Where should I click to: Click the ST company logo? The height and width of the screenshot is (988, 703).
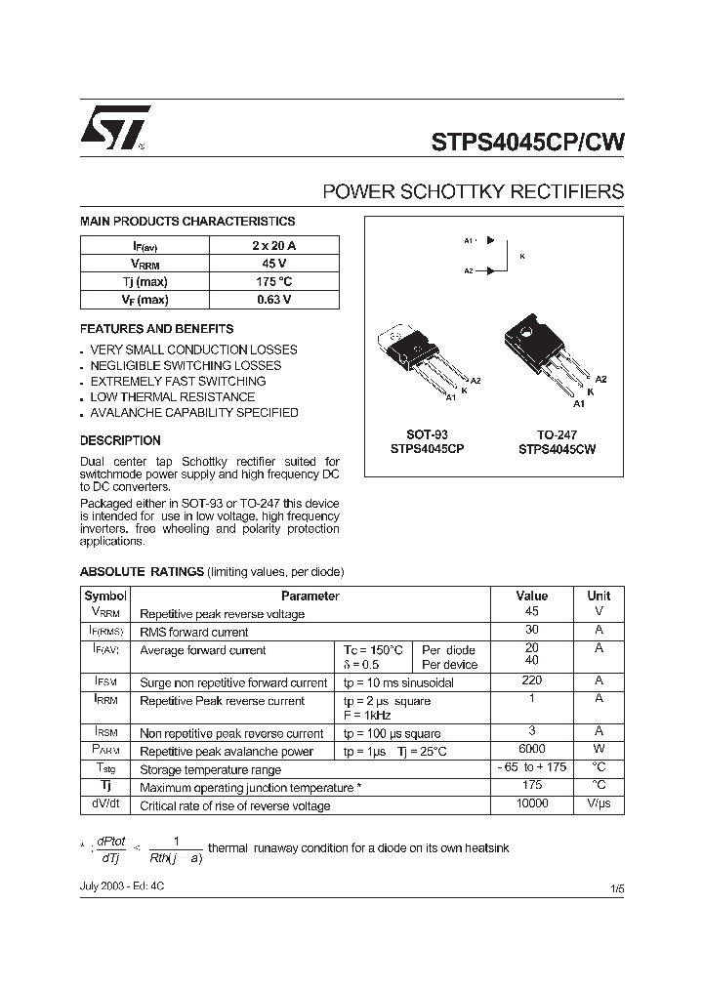pos(115,127)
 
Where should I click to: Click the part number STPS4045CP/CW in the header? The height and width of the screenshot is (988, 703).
pos(527,141)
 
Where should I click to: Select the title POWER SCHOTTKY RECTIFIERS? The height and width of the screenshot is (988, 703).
pos(473,191)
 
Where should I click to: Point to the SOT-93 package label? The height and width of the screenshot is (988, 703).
pos(427,434)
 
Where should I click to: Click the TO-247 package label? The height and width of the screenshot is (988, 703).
pos(557,434)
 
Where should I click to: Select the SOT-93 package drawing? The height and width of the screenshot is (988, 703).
pos(420,361)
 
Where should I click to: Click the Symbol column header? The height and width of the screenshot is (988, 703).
pos(105,596)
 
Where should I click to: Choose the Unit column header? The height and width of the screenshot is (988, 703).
pos(599,596)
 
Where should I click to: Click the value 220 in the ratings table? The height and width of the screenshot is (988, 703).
pos(532,681)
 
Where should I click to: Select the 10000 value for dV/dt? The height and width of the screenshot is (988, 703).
pos(532,803)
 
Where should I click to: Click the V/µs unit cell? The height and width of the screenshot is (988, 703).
pos(599,803)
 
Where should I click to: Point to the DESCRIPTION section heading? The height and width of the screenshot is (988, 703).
pos(120,440)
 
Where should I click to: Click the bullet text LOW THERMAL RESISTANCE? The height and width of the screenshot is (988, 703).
pos(173,397)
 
